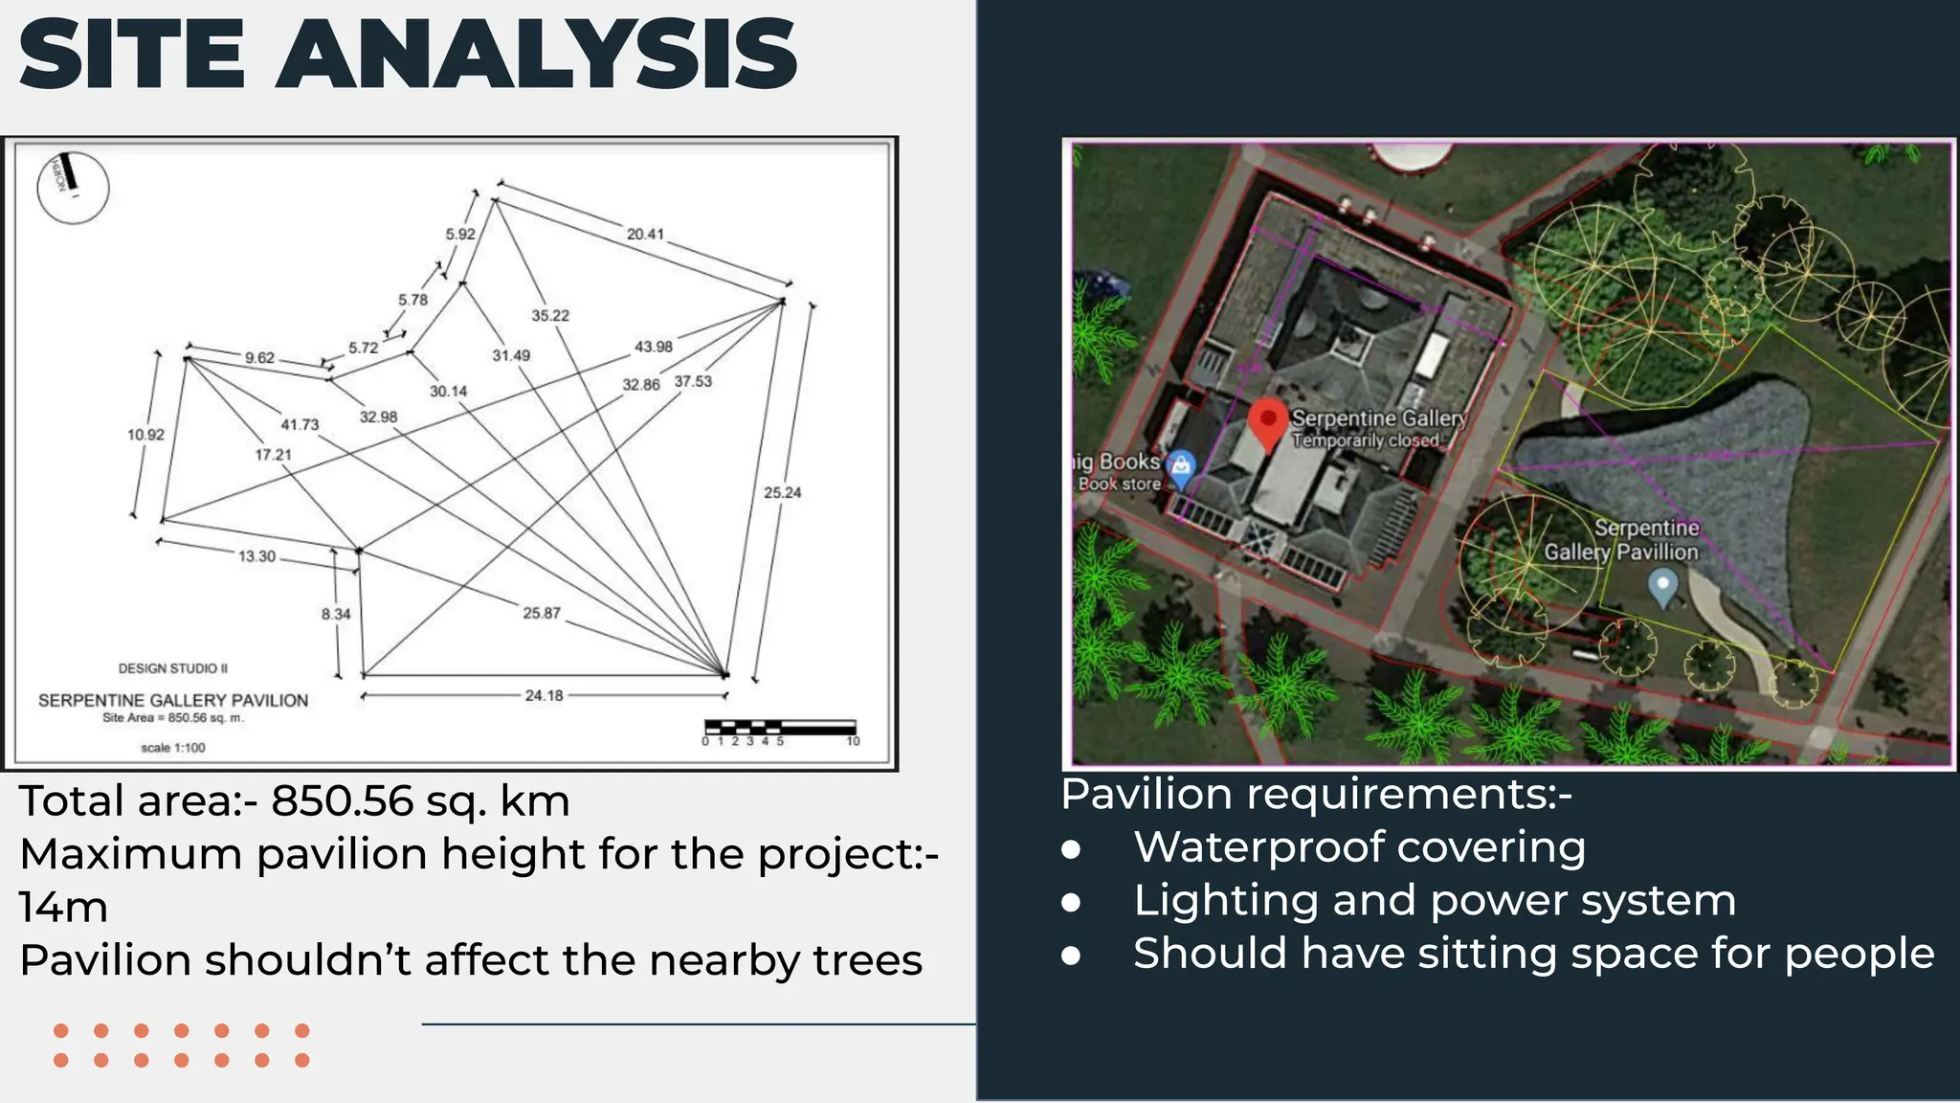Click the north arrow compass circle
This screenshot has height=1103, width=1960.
(73, 188)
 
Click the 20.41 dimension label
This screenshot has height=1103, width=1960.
(645, 234)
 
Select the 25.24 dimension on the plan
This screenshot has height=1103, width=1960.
(782, 493)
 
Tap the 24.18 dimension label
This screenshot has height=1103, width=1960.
(544, 696)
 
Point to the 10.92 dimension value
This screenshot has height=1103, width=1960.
(145, 435)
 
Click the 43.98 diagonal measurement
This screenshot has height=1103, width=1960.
(653, 347)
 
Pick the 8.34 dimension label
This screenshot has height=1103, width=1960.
(335, 614)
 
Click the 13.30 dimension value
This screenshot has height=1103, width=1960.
(256, 556)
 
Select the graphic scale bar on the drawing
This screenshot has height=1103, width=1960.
(780, 729)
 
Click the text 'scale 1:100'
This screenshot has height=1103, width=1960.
(172, 748)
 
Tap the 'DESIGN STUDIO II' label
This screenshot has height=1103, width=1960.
(172, 668)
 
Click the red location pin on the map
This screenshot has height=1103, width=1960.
(1269, 422)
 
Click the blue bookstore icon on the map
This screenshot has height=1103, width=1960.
(1182, 467)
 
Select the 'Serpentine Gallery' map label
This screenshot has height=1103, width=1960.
(1378, 418)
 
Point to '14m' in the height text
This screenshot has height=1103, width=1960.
(63, 907)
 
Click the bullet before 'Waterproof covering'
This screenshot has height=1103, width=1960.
(1071, 849)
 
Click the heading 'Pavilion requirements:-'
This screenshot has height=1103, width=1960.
(1316, 795)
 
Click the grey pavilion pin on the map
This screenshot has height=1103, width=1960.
(1663, 586)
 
